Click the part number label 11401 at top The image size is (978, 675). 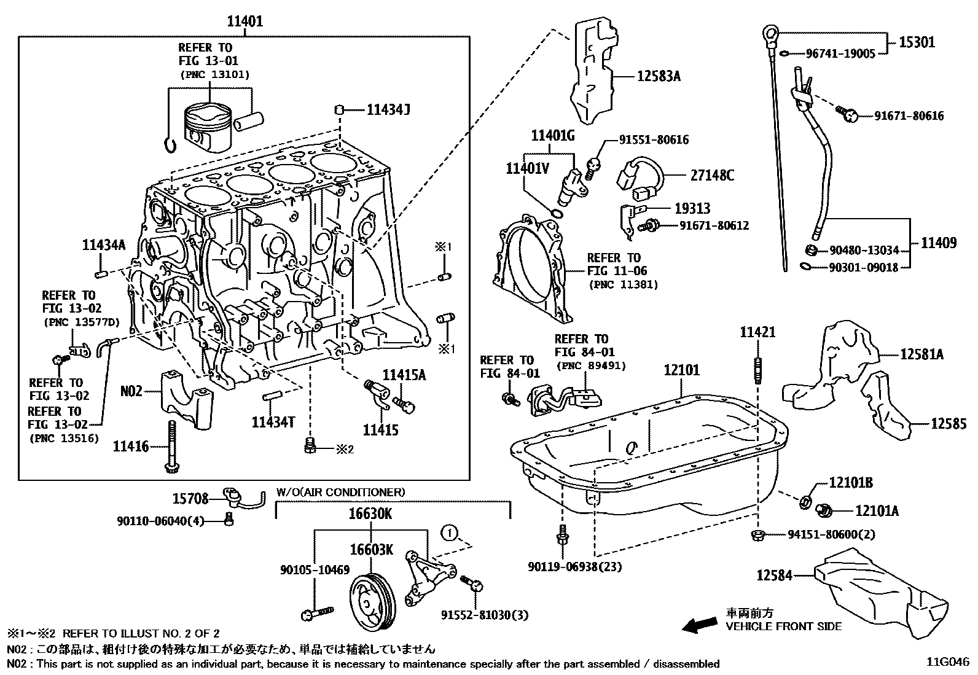pos(244,21)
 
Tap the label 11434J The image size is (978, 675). pos(388,110)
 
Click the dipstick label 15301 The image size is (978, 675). pos(917,42)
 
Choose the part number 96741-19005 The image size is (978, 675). pos(840,54)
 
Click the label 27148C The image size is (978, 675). pos(712,176)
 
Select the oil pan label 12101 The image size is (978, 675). pos(681,370)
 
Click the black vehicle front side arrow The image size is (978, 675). pos(700,625)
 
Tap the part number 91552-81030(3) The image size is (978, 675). pos(484,615)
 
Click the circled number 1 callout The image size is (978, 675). pos(449,533)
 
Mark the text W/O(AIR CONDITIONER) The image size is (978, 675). pos(340,492)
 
